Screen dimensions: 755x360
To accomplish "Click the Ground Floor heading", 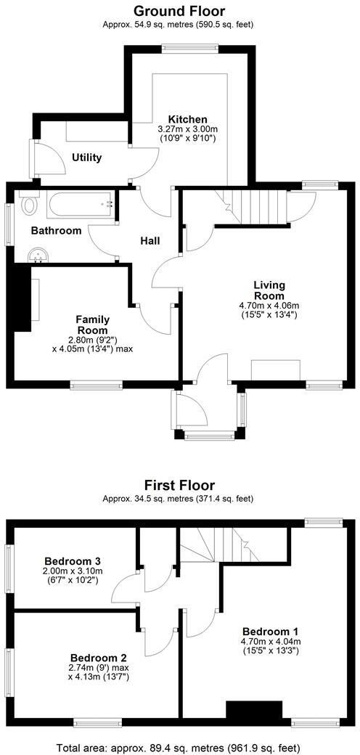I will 179,11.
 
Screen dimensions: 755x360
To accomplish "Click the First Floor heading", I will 179,485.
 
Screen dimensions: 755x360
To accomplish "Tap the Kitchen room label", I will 188,119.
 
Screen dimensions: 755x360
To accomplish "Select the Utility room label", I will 86,158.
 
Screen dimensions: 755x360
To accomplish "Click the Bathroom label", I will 56,231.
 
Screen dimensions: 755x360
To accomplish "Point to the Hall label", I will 150,241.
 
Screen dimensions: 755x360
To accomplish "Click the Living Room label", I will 269,290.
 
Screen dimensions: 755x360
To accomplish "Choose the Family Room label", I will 93,325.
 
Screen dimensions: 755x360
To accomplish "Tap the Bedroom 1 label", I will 270,631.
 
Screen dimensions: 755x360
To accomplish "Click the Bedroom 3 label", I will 72,561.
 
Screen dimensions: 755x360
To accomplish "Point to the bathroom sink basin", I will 38,255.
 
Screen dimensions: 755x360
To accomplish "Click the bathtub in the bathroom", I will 78,204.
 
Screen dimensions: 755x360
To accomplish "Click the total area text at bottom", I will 179,746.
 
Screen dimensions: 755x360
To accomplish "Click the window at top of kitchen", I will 190,49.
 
